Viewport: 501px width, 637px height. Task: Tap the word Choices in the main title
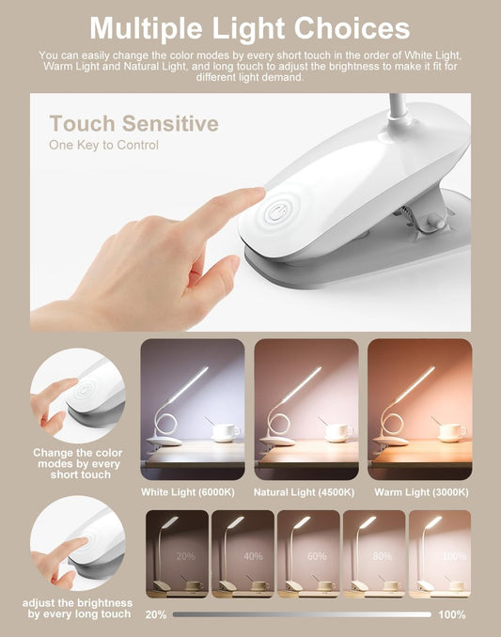(352, 28)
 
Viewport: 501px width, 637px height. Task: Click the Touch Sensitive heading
(133, 123)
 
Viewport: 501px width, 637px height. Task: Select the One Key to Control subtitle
(103, 145)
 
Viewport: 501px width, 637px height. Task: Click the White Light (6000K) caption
(188, 492)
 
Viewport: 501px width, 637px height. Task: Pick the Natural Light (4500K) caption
(304, 492)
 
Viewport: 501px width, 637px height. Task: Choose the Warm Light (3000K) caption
(421, 492)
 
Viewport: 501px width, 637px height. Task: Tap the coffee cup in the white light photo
(226, 432)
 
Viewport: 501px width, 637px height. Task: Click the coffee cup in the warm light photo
(452, 432)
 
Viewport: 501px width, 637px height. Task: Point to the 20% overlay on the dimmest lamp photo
(186, 556)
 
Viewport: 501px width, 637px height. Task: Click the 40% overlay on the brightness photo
(253, 556)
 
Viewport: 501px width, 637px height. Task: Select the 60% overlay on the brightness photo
(317, 556)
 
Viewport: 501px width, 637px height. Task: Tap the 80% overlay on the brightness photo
(383, 556)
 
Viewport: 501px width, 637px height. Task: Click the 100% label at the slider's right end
(452, 614)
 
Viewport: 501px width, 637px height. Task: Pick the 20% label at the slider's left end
(156, 614)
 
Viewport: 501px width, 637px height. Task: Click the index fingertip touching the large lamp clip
(257, 194)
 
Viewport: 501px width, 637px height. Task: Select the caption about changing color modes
(78, 463)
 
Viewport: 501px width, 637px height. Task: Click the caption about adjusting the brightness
(78, 608)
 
